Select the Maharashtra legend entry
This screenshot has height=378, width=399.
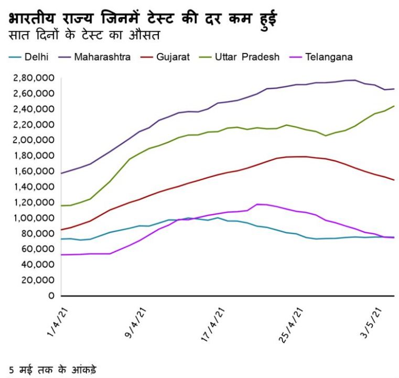coord(102,57)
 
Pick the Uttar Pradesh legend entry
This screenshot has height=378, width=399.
coord(247,57)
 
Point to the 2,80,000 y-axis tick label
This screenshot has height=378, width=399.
coord(33,78)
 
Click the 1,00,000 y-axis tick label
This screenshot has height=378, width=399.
coord(33,218)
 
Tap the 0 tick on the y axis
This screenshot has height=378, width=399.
coord(50,295)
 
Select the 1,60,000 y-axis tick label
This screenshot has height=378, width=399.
coord(33,171)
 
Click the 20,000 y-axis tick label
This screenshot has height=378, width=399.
coord(37,280)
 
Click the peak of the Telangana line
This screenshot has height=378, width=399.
coord(257,204)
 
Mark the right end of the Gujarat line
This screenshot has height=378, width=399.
coord(394,180)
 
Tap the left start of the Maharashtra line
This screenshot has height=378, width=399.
coord(62,173)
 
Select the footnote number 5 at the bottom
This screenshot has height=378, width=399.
coord(12,369)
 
